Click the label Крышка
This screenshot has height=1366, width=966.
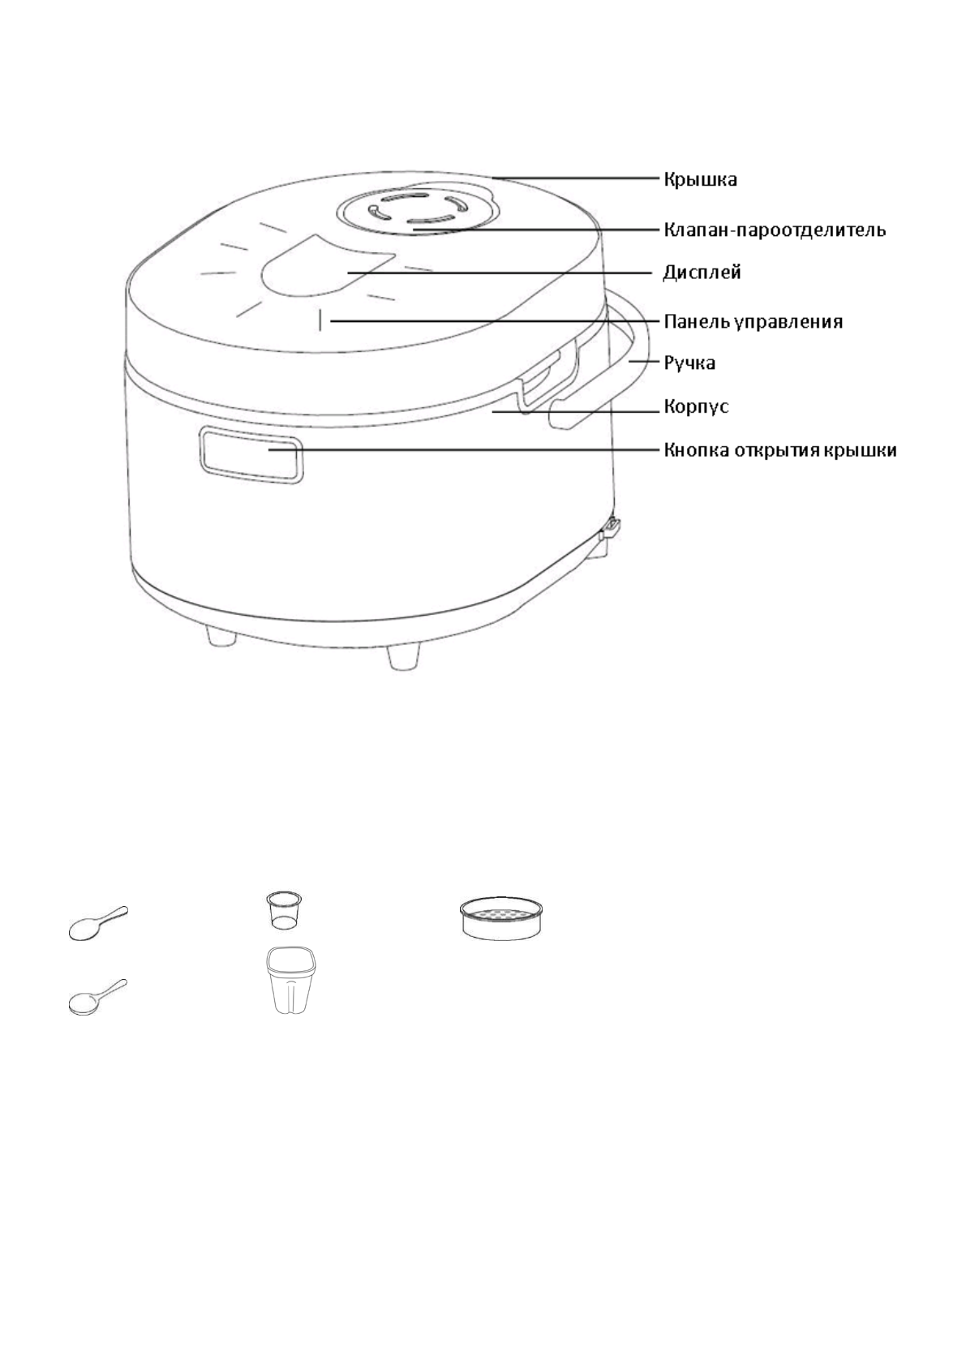click(x=700, y=179)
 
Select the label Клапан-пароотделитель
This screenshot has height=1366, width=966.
click(x=775, y=230)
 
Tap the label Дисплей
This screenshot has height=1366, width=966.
click(x=702, y=273)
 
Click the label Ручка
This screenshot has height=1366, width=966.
click(x=689, y=363)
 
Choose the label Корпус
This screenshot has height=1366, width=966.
click(x=696, y=406)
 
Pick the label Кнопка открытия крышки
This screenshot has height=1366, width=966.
click(x=780, y=449)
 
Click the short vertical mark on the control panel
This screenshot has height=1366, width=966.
click(x=321, y=321)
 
